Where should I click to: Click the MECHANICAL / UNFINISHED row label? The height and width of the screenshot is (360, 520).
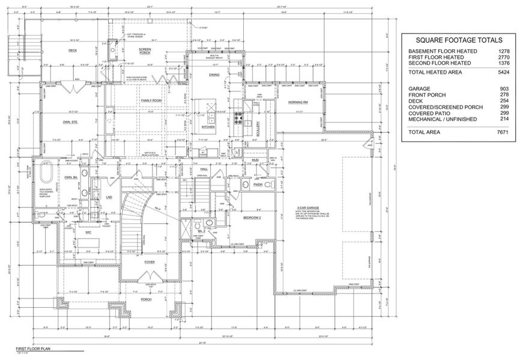[443, 119]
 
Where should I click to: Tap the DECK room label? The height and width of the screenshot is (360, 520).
[73, 50]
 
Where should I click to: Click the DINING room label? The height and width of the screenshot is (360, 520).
[214, 74]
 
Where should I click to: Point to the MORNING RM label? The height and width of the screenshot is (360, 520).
[297, 102]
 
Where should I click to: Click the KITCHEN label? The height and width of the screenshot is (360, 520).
[208, 127]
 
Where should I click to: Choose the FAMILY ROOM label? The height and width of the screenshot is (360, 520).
[151, 100]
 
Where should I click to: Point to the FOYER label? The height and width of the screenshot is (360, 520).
[149, 262]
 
